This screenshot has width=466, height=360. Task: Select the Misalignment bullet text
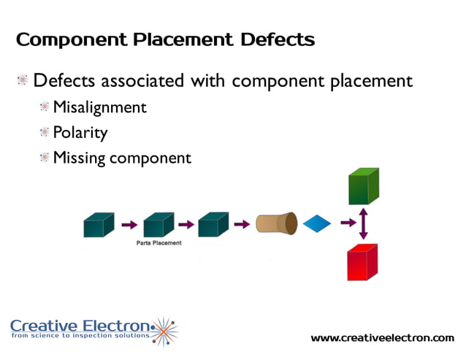pyautogui.click(x=100, y=107)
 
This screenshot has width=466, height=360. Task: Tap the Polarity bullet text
pyautogui.click(x=80, y=132)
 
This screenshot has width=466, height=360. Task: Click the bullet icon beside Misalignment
pyautogui.click(x=45, y=107)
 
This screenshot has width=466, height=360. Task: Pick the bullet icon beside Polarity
pyautogui.click(x=45, y=132)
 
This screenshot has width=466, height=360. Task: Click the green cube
pyautogui.click(x=363, y=186)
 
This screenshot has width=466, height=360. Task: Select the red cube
pyautogui.click(x=363, y=261)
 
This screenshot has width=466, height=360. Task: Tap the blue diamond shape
pyautogui.click(x=316, y=223)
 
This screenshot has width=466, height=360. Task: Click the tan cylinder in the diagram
pyautogui.click(x=276, y=223)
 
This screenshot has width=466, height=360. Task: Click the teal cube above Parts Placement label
pyautogui.click(x=158, y=224)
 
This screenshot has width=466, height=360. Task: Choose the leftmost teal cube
pyautogui.click(x=99, y=224)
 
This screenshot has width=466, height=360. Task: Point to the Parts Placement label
pyautogui.click(x=158, y=242)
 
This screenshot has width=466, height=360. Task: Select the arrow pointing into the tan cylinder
pyautogui.click(x=242, y=223)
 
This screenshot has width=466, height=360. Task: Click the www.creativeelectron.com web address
pyautogui.click(x=382, y=337)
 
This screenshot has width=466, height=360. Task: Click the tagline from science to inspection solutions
pyautogui.click(x=80, y=336)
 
